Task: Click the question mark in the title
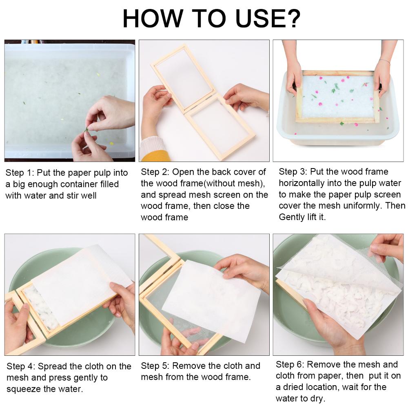pos(293,18)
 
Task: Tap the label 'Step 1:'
pos(20,173)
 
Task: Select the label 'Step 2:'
pos(155,172)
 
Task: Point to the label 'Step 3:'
pos(293,172)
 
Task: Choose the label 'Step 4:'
pos(21,366)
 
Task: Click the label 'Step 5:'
pos(155,366)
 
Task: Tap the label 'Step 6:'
pos(290,364)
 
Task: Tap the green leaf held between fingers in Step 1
pos(86,129)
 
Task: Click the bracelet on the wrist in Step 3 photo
pos(385,62)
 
